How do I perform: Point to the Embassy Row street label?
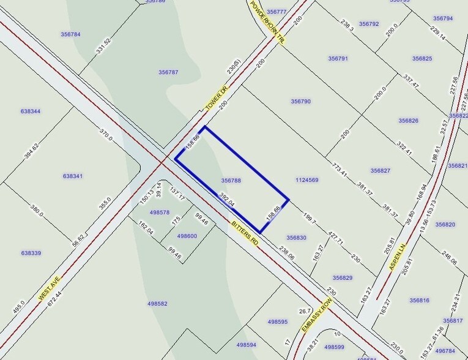[316, 318]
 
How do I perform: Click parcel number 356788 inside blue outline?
[231, 181]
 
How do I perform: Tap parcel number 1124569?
[306, 180]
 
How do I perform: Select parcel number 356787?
[168, 72]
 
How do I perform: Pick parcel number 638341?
[72, 176]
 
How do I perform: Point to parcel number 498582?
[157, 303]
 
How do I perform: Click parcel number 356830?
[296, 238]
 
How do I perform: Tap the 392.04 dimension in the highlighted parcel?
[227, 200]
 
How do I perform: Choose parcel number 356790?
[300, 102]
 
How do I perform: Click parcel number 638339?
[31, 253]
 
